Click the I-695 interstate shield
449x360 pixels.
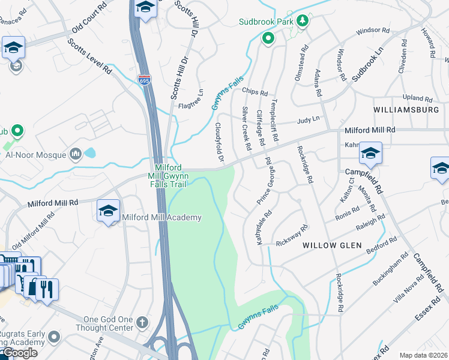pos(144,79)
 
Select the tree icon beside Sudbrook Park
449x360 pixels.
pos(304,22)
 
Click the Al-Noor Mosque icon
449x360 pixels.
pos(76,155)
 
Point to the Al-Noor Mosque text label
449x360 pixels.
pos(35,155)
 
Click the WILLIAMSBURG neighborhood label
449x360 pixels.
pos(406,110)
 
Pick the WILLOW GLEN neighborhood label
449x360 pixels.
pos(332,245)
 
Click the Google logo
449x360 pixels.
pos(19,353)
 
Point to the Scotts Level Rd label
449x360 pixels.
pos(90,57)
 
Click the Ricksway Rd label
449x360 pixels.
pos(292,235)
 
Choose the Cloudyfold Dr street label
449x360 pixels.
pos(219,143)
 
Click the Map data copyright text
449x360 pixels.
pos(424,355)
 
